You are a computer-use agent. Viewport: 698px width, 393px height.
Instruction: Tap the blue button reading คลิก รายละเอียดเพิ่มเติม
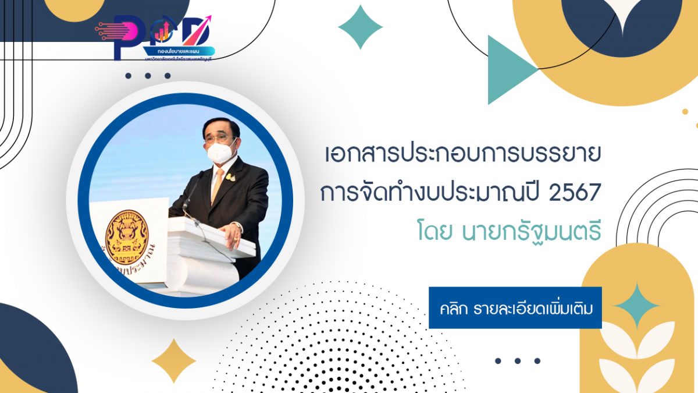coord(515,307)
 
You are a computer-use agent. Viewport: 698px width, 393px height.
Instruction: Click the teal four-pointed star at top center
coord(360,27)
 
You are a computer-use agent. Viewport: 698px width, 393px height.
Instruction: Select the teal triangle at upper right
coord(507,70)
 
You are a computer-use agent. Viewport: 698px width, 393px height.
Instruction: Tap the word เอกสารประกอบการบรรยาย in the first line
coord(462,157)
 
